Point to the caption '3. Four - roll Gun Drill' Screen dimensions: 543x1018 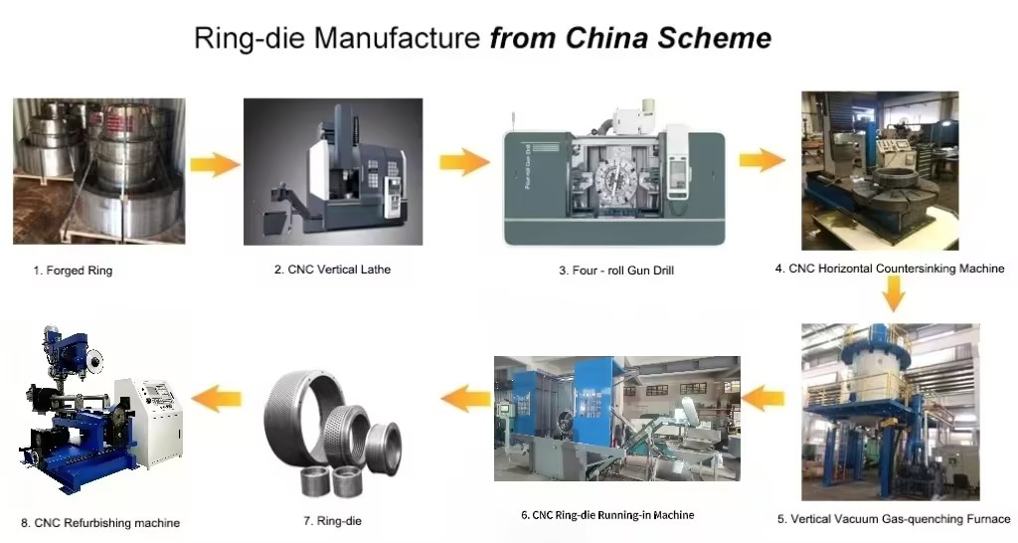616,270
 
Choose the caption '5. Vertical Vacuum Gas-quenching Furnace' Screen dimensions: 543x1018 893,518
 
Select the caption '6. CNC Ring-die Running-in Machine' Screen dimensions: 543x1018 607,514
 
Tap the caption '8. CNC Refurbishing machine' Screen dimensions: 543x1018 100,522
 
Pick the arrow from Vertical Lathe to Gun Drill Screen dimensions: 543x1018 464,161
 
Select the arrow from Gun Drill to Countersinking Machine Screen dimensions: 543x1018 763,159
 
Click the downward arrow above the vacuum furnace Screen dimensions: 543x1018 894,293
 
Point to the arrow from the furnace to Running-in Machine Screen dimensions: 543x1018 765,400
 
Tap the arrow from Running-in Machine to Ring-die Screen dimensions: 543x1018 465,400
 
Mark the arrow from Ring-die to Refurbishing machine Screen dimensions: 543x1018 217,400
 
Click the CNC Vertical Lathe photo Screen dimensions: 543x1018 332,171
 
